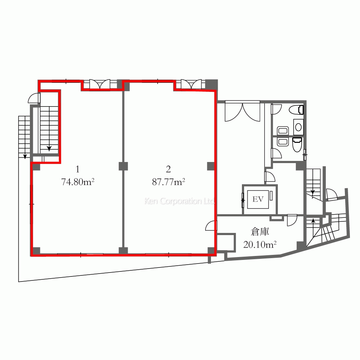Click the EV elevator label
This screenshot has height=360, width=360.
pyautogui.click(x=258, y=199)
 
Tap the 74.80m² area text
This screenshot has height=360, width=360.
pyautogui.click(x=78, y=182)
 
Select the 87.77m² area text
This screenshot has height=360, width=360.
pyautogui.click(x=168, y=182)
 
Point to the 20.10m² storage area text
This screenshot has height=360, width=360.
pyautogui.click(x=260, y=245)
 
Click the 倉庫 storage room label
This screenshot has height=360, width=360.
pyautogui.click(x=260, y=232)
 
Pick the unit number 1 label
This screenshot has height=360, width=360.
pyautogui.click(x=78, y=170)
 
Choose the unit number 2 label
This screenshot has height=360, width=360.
pyautogui.click(x=168, y=170)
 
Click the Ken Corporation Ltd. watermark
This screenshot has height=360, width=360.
pyautogui.click(x=180, y=201)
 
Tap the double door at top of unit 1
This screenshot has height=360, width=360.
pyautogui.click(x=100, y=84)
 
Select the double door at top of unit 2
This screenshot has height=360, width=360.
pyautogui.click(x=192, y=84)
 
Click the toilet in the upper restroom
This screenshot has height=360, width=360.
pyautogui.click(x=296, y=110)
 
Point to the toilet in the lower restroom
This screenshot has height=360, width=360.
pyautogui.click(x=297, y=144)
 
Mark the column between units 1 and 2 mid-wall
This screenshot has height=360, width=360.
pyautogui.click(x=123, y=166)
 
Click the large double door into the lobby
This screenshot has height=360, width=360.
pyautogui.click(x=242, y=111)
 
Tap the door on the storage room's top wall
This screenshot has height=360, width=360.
pyautogui.click(x=292, y=220)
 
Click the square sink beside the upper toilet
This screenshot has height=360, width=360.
pyautogui.click(x=298, y=127)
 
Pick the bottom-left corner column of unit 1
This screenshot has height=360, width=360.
pyautogui.click(x=36, y=251)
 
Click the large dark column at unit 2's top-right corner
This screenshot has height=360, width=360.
pyautogui.click(x=211, y=84)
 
